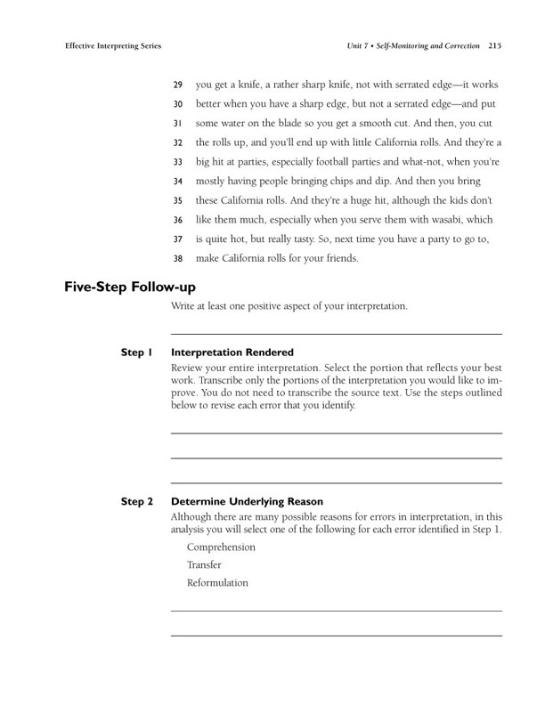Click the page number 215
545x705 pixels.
coord(492,45)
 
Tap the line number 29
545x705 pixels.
coord(177,85)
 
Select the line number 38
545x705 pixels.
coord(177,259)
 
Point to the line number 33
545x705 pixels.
coord(177,162)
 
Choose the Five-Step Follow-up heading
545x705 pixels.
coord(130,287)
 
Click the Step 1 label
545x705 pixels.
coord(137,352)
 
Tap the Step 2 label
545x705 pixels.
coord(137,501)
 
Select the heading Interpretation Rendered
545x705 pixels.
coord(232,352)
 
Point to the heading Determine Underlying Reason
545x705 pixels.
coord(247,501)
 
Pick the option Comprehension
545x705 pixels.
coord(221,547)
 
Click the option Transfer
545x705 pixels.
coord(204,564)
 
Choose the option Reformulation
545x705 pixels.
coord(217,583)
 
